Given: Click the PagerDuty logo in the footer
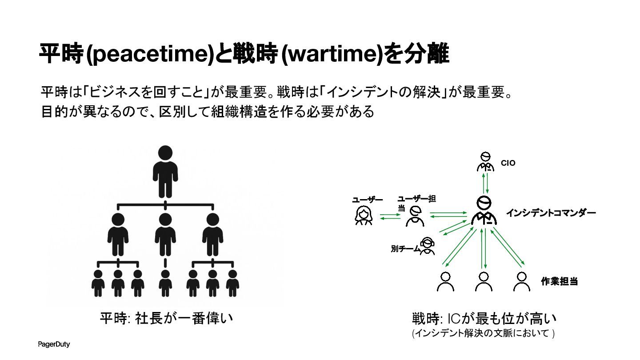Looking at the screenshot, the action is pos(53,344).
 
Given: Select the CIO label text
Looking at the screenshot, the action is pos(508,163).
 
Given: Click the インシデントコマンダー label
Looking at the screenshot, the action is pos(551,213).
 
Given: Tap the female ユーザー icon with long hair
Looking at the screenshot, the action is pos(364,216).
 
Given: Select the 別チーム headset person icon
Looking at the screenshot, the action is pos(427,245).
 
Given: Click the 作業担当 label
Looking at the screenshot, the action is pos(559,281).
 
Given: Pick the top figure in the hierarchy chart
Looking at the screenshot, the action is pos(165,171).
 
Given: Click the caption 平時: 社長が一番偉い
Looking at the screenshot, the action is pos(166,319).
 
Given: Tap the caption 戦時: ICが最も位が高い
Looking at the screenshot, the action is pos(484,319).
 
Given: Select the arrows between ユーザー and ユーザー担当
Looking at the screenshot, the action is pos(390,217).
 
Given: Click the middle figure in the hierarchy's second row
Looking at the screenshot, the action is pos(165,234).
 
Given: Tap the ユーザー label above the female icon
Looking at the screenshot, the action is pos(368,200).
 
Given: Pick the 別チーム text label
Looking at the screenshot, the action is pos(405,249).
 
